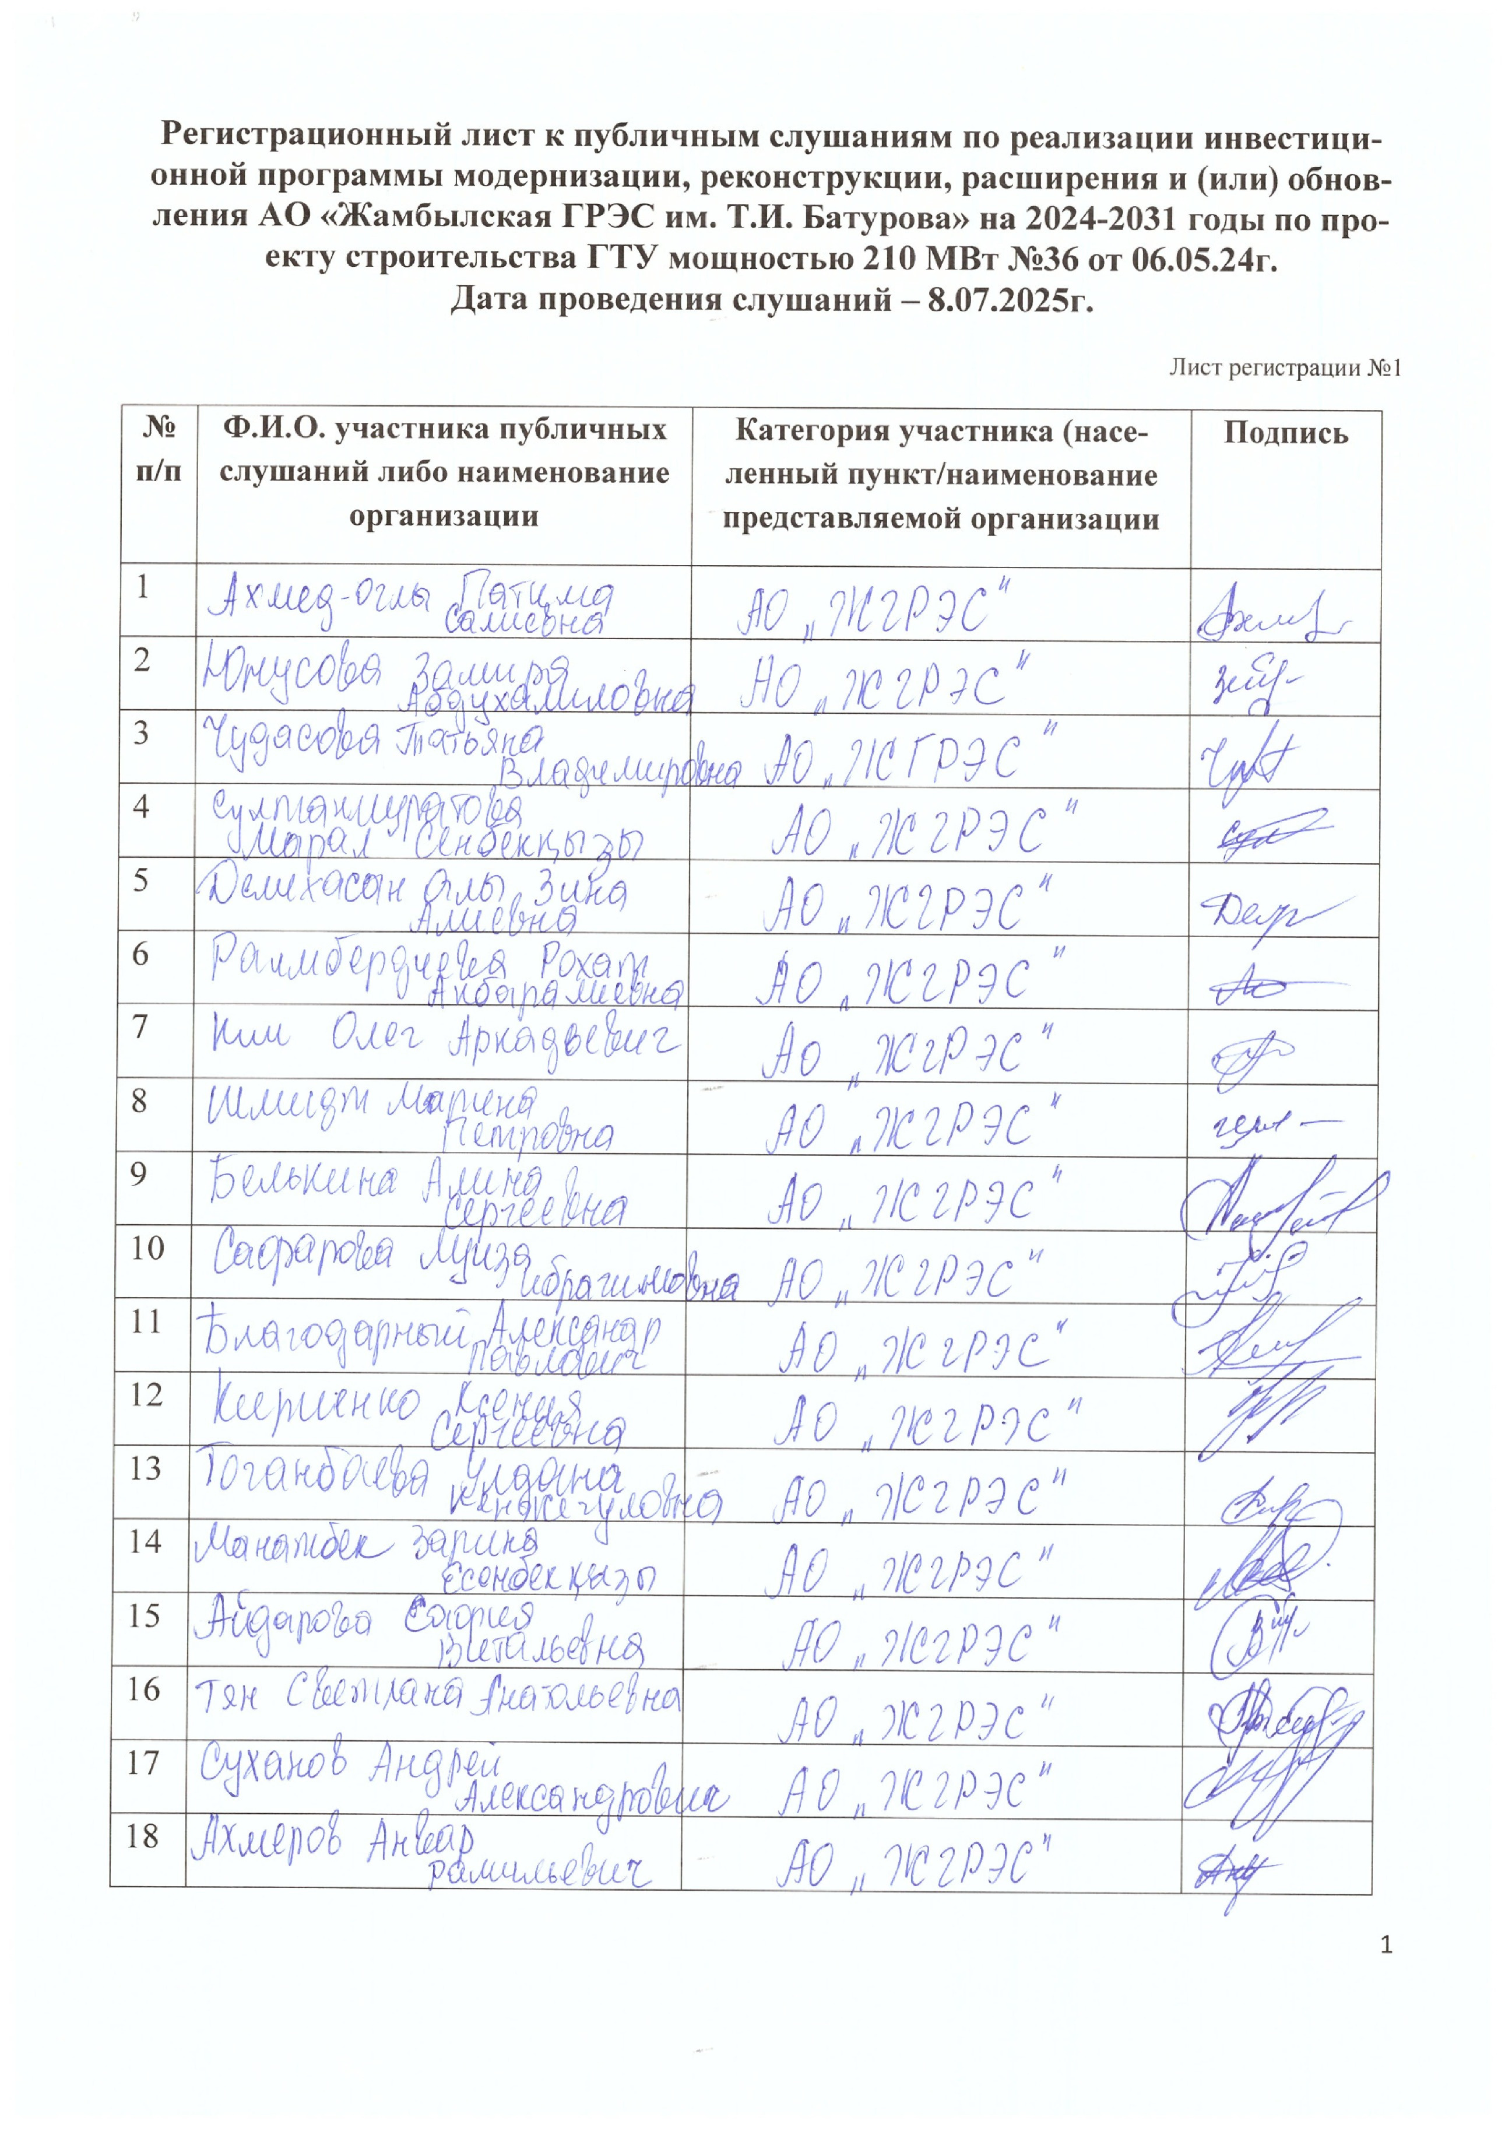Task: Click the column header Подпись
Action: click(x=1285, y=433)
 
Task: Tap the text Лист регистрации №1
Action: click(x=1284, y=369)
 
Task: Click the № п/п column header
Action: click(x=159, y=449)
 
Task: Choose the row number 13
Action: click(x=146, y=1468)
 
